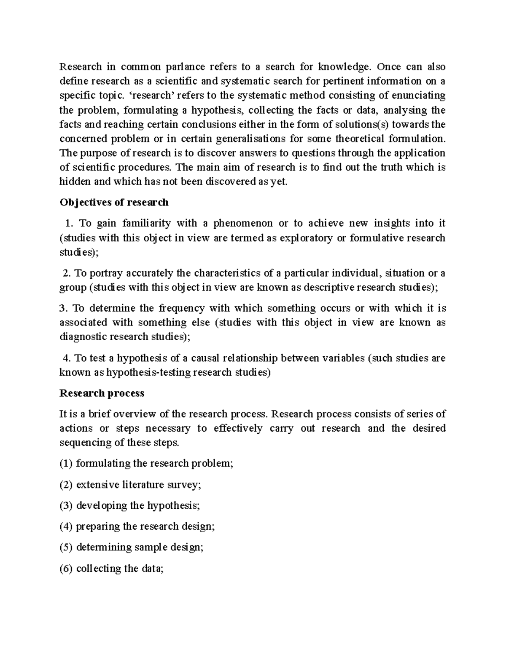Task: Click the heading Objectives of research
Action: pos(114,203)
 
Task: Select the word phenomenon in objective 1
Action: pos(242,223)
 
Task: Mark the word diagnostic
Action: pos(83,337)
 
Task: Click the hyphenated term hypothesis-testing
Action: pos(149,373)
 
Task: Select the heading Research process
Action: pos(102,393)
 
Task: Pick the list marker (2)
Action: pos(66,485)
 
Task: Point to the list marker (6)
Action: pos(66,569)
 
